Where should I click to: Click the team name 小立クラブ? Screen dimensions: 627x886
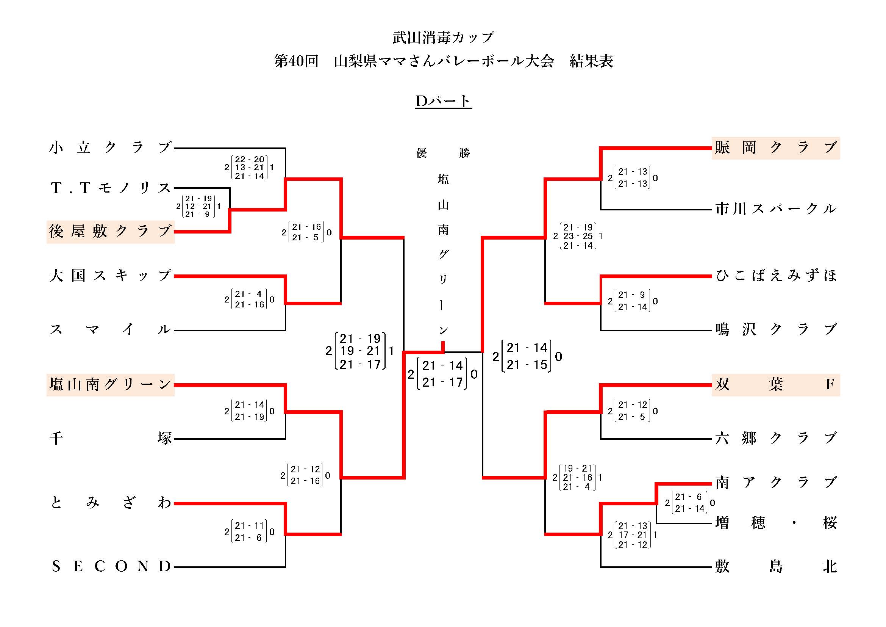tap(110, 147)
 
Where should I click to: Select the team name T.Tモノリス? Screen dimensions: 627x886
tap(110, 188)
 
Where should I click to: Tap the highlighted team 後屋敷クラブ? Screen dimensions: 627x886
tap(110, 232)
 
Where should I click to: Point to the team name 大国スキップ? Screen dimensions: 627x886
tap(110, 276)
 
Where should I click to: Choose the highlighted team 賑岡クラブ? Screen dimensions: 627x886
tap(776, 147)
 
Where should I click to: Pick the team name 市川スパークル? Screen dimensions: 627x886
tap(776, 209)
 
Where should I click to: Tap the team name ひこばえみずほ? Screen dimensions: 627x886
tap(776, 276)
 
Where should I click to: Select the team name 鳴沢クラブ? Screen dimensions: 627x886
tap(776, 329)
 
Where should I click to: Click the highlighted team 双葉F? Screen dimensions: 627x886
tap(776, 384)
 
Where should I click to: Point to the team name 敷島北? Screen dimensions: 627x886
tap(776, 566)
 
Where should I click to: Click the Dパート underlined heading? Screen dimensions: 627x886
tap(443, 101)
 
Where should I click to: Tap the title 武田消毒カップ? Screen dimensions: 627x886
tap(443, 38)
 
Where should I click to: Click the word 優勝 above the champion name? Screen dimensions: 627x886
tap(443, 153)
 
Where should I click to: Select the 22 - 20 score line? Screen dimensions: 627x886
tap(250, 159)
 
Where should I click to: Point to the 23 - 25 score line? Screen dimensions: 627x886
tap(578, 236)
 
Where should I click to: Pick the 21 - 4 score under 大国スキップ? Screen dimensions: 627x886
tap(249, 294)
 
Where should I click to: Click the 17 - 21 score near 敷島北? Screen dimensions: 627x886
tap(633, 535)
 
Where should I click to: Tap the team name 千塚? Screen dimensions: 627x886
tap(110, 438)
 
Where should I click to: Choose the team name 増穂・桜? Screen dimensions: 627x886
tap(776, 523)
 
